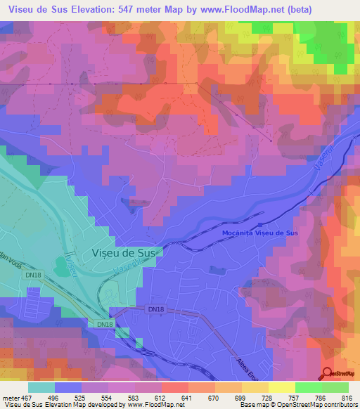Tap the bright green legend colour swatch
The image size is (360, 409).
pos(308,387)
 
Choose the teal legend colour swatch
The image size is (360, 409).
pos(41,387)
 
